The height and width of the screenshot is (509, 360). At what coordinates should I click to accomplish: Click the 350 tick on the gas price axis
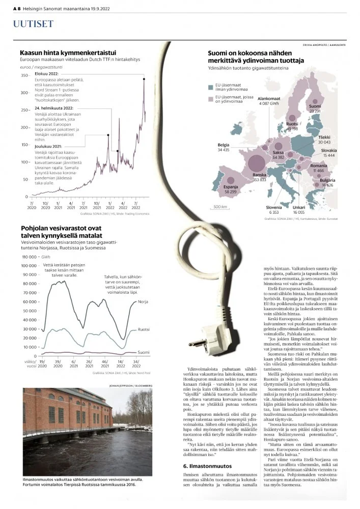(24, 75)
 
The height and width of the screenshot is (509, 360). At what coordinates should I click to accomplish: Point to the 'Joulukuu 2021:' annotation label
(50, 146)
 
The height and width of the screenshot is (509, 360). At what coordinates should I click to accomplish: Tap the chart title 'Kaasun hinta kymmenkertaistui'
(68, 53)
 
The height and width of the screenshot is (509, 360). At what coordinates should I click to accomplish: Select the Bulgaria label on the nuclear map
(327, 181)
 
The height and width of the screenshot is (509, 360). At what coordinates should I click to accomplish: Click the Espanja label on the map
(232, 187)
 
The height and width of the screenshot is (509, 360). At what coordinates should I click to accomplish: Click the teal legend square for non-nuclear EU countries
(211, 87)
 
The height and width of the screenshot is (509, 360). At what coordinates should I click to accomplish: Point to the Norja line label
(143, 302)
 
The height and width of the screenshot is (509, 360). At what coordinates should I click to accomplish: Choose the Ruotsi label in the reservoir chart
(144, 330)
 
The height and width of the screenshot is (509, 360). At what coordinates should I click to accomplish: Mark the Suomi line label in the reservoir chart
(144, 352)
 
